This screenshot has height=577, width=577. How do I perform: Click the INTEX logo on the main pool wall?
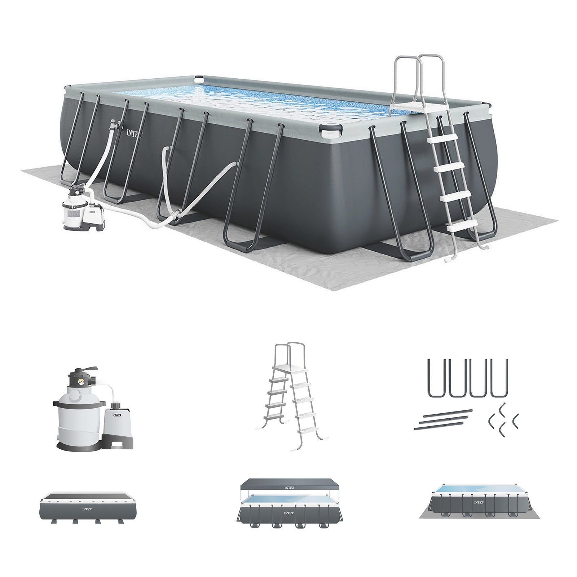[x=134, y=133]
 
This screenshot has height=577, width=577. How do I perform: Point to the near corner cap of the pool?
[x=331, y=130]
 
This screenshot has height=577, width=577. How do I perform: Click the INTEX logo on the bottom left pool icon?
[x=87, y=510]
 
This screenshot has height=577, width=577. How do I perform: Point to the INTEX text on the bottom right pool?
[x=479, y=502]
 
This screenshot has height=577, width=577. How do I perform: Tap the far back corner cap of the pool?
[x=199, y=78]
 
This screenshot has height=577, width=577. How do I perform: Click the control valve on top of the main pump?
[x=78, y=189]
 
